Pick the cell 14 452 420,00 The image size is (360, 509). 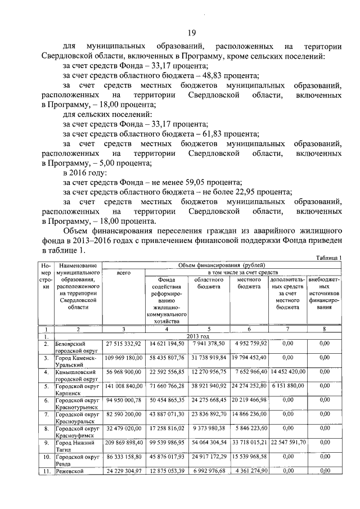click(287, 372)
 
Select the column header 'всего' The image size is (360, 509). click(123, 272)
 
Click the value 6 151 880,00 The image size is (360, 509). click(287, 386)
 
